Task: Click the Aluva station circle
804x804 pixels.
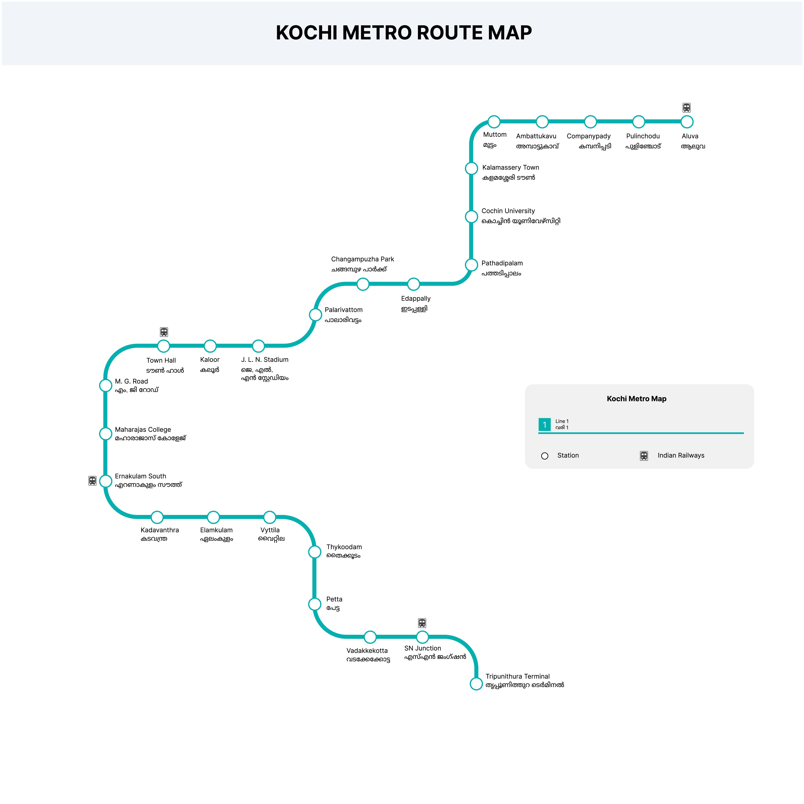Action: point(687,122)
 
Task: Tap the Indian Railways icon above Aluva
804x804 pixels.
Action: point(687,108)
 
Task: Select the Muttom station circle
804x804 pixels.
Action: point(494,122)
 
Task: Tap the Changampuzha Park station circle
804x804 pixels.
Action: point(363,284)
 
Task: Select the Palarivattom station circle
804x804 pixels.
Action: point(315,315)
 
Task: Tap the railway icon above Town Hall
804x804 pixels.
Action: point(164,332)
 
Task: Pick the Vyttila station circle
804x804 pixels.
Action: point(270,517)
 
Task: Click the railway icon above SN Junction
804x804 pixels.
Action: point(422,623)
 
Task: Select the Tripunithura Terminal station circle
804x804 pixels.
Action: point(476,684)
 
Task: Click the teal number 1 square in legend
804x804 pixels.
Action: point(544,424)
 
